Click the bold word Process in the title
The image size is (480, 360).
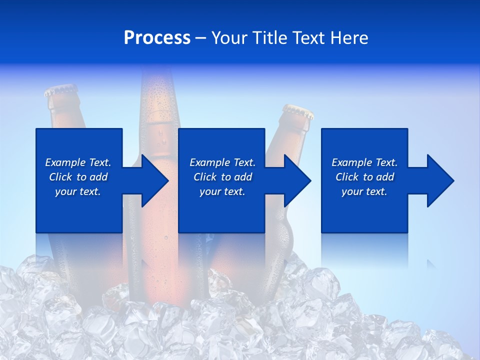(157, 38)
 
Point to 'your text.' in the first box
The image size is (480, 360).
(78, 191)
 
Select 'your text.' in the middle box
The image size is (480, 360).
(222, 191)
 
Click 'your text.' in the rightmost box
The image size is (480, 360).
(364, 191)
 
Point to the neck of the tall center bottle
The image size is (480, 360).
(159, 100)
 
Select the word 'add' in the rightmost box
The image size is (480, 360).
(385, 177)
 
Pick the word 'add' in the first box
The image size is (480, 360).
(99, 177)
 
